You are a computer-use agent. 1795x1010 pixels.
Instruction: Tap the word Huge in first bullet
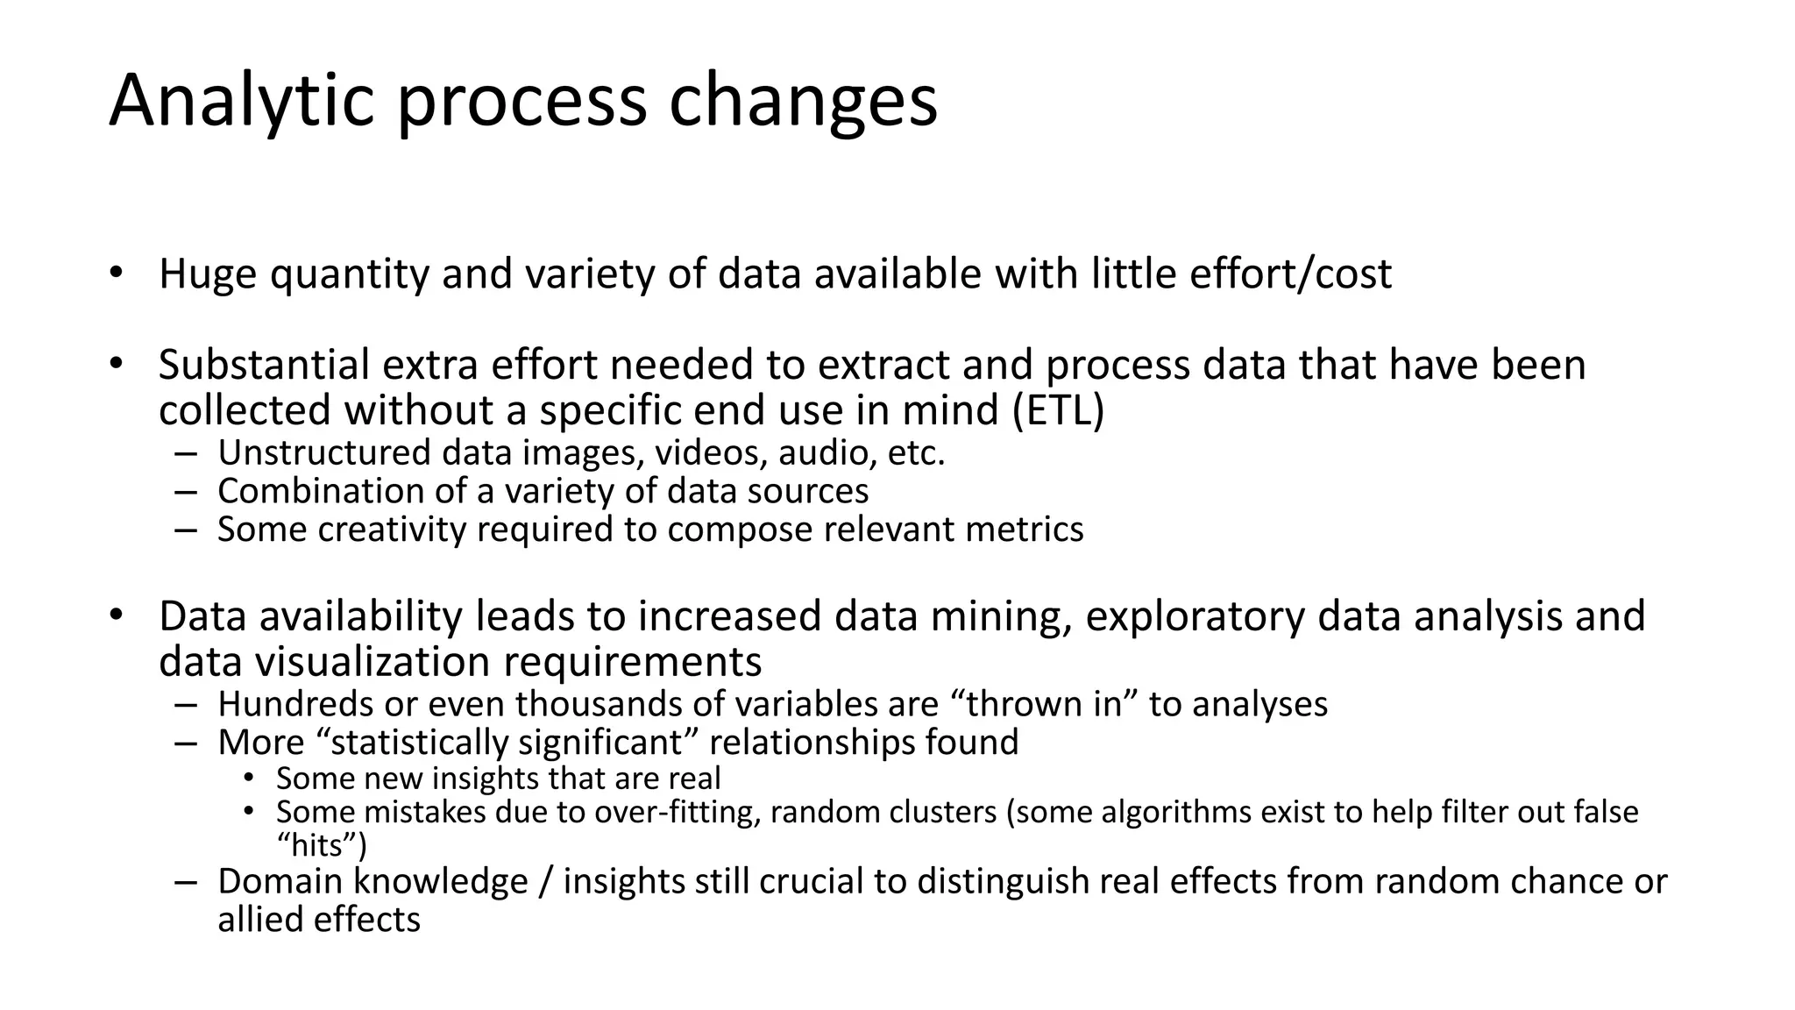click(x=208, y=274)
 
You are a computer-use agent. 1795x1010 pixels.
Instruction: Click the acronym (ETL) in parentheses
click(x=1058, y=410)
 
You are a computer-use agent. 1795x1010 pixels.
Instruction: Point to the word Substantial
click(x=264, y=365)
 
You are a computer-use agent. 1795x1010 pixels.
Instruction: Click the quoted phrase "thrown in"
click(x=1044, y=704)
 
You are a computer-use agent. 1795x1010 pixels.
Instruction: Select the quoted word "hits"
click(x=321, y=846)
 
